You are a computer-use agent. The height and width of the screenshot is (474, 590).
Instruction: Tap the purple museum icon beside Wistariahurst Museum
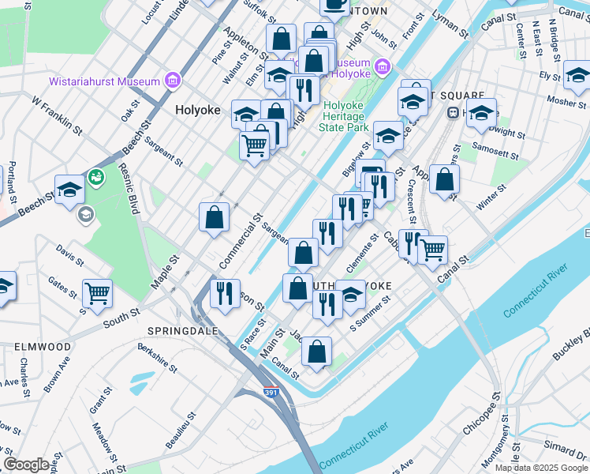coord(172,81)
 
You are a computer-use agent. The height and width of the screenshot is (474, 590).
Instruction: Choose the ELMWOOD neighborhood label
coord(43,347)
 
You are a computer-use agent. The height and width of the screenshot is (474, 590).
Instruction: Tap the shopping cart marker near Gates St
coord(97,293)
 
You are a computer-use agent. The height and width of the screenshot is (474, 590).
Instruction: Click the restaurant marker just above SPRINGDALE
coord(225,295)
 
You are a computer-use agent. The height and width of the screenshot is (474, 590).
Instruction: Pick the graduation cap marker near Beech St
coord(69,190)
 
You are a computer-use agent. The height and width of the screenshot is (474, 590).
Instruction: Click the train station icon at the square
coord(453,111)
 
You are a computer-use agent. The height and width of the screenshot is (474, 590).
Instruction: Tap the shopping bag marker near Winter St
coord(445,179)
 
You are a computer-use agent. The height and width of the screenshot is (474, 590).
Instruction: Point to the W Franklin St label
coord(57,113)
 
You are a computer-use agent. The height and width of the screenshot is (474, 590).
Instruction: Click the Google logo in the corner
coord(27,464)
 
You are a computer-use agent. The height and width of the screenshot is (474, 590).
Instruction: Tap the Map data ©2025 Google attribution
coord(540,467)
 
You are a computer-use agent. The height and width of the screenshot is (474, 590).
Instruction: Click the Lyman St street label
coord(450,24)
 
